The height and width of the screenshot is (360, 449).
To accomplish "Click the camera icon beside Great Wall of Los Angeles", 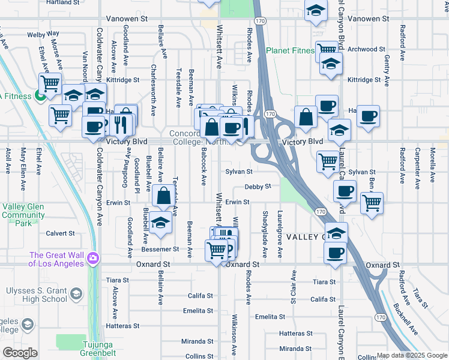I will [x=93, y=259].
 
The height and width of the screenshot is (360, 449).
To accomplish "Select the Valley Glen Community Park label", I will [x=23, y=215].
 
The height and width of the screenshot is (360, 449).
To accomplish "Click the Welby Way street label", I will [x=43, y=34].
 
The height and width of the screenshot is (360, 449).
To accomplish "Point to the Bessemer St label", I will [x=160, y=248].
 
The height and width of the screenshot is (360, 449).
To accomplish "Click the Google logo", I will [x=20, y=353].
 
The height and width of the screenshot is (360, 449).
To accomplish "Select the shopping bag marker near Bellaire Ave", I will [x=163, y=196].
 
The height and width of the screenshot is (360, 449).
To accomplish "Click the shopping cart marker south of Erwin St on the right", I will [x=372, y=203].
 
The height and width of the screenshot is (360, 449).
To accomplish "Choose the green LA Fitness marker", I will [x=41, y=95].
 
